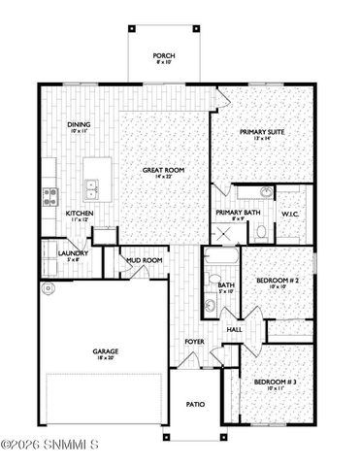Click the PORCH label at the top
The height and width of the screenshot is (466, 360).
pos(164,56)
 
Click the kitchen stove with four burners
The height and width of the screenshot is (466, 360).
pos(49,195)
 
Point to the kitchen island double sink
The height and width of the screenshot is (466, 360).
pos(92,185)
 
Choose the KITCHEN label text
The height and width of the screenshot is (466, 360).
pos(79,215)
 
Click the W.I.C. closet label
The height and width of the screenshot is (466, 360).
pos(290,214)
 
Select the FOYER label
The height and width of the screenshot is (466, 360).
pos(195,342)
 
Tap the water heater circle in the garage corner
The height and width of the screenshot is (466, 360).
pos(46,287)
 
